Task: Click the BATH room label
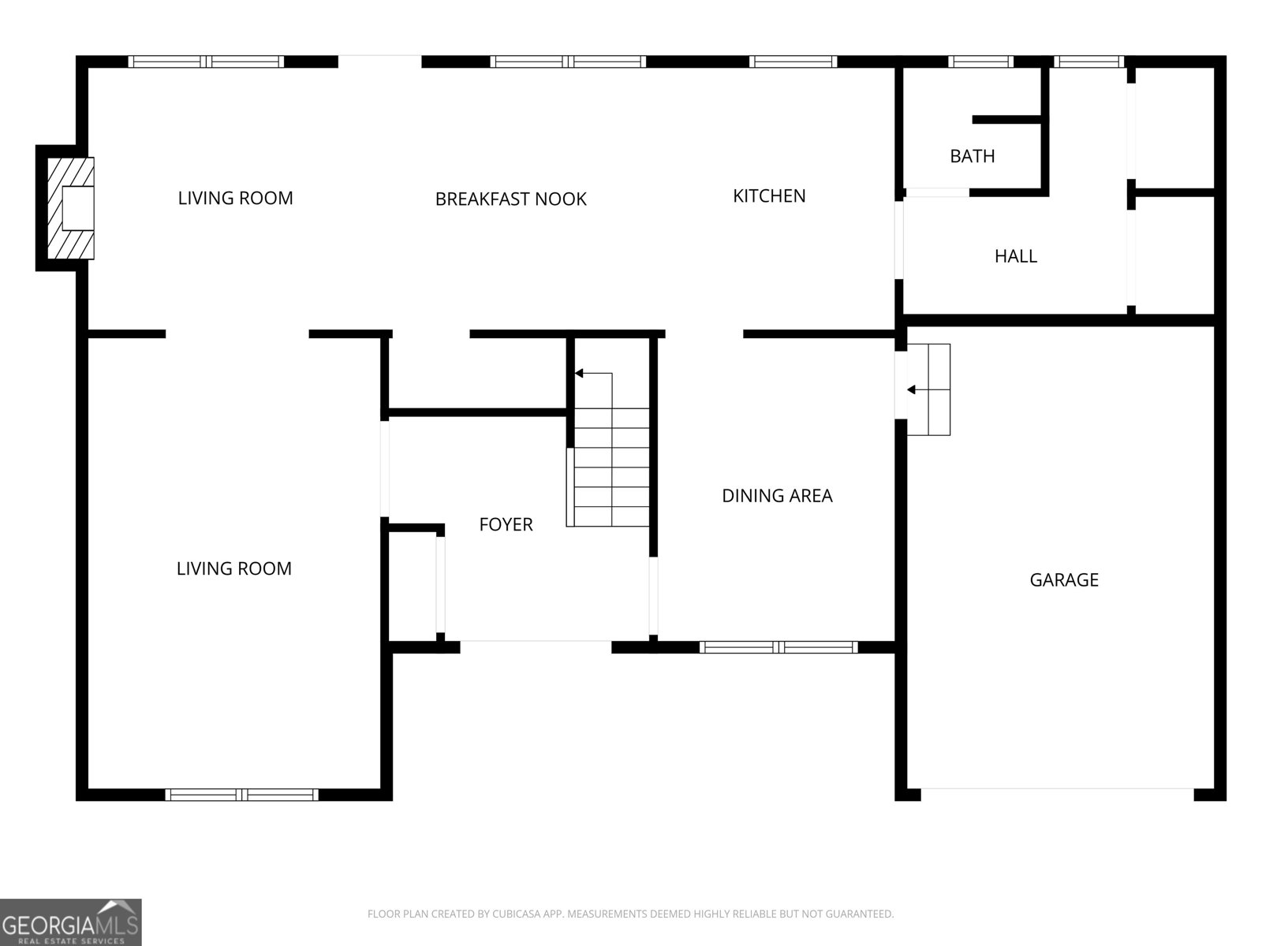click(973, 156)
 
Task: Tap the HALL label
click(1016, 256)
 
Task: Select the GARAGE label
click(1064, 580)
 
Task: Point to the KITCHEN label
click(769, 196)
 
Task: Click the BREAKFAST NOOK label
click(510, 199)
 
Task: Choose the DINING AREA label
click(777, 496)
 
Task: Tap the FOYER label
click(506, 524)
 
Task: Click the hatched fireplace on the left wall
click(70, 208)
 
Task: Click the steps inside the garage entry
click(928, 389)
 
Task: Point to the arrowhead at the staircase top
click(579, 374)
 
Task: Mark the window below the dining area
click(778, 647)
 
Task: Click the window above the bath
click(981, 61)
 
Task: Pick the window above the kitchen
click(793, 61)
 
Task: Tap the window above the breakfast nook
click(568, 61)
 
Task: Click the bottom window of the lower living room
click(241, 795)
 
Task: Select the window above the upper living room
click(206, 61)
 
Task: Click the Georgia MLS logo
click(71, 922)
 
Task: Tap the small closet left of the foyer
click(413, 586)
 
